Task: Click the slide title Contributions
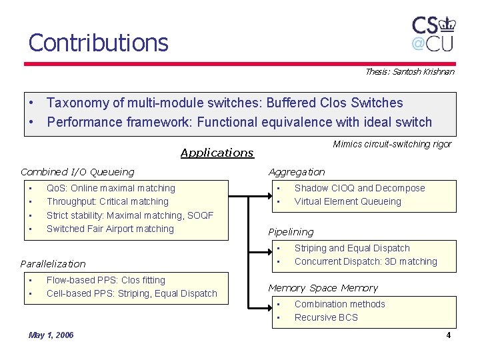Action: pyautogui.click(x=98, y=43)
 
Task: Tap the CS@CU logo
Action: pyautogui.click(x=433, y=33)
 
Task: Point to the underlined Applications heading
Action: pyautogui.click(x=217, y=153)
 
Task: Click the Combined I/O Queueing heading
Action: pyautogui.click(x=77, y=172)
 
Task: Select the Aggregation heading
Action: pyautogui.click(x=297, y=172)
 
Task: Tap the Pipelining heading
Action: pyautogui.click(x=291, y=232)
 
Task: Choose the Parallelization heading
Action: pyautogui.click(x=53, y=264)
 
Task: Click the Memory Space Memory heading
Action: pyautogui.click(x=323, y=288)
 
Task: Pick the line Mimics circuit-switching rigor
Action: pyautogui.click(x=392, y=144)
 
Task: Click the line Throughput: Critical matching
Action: pyautogui.click(x=107, y=201)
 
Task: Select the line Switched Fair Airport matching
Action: pyautogui.click(x=110, y=229)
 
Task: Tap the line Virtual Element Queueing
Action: pyautogui.click(x=347, y=201)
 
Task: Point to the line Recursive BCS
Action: pyautogui.click(x=326, y=317)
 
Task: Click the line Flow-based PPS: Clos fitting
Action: pyautogui.click(x=105, y=280)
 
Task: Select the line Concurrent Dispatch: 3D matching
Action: pyautogui.click(x=365, y=261)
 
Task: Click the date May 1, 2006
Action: pyautogui.click(x=51, y=335)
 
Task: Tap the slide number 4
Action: pyautogui.click(x=449, y=335)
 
